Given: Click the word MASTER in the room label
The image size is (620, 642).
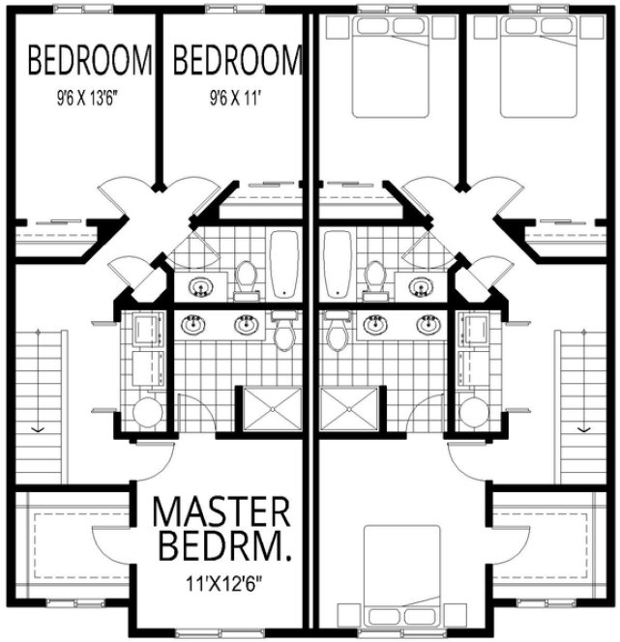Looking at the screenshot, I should (221, 511).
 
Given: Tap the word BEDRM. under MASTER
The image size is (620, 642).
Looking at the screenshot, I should (221, 548).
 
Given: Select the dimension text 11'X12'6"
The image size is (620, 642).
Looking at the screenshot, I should (221, 583).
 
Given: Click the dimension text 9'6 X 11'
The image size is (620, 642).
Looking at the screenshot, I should (233, 97).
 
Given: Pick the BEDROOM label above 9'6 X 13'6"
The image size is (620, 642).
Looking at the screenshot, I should (90, 62).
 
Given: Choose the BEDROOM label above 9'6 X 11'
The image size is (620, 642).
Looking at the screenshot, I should (237, 62).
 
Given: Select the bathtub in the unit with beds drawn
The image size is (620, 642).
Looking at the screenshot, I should (336, 267).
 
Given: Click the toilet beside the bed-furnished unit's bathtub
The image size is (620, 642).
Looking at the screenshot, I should (374, 278).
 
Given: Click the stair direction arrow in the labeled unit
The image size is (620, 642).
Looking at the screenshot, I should (37, 426).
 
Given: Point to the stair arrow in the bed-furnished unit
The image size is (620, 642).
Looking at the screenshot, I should (583, 426).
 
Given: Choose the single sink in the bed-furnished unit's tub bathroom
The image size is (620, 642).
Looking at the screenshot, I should (420, 286).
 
